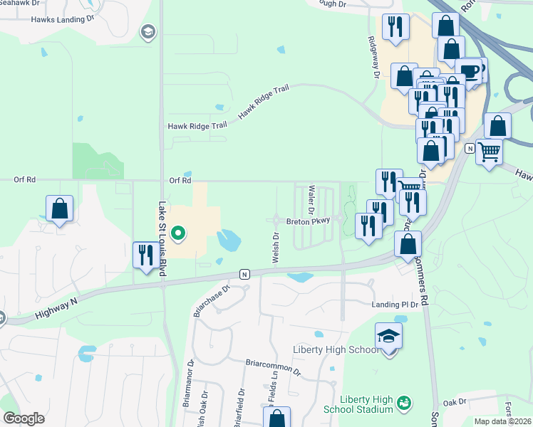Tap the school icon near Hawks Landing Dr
click(x=148, y=31)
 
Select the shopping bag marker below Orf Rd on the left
click(x=60, y=209)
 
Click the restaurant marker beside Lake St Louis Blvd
click(x=146, y=255)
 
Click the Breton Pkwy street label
click(x=308, y=221)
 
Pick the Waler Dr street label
click(x=311, y=200)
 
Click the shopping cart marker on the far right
click(x=489, y=151)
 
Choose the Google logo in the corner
click(x=24, y=418)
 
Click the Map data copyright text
click(x=502, y=421)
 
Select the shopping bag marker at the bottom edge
click(x=277, y=418)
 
